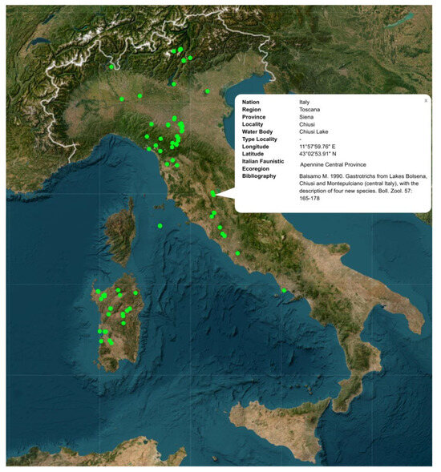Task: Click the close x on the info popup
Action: tap(426, 101)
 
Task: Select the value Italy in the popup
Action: tap(305, 103)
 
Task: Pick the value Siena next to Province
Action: tap(307, 117)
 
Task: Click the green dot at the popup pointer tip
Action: tap(212, 193)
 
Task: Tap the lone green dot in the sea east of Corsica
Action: tap(160, 226)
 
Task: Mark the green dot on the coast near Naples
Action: tap(284, 290)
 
